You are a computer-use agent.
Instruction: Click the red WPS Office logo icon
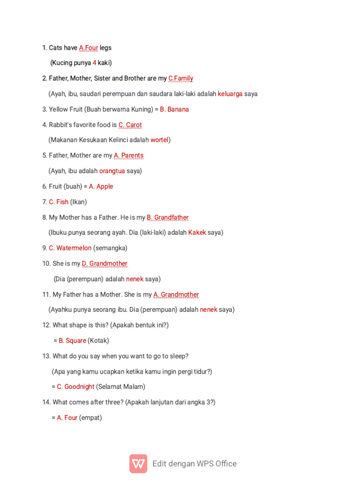pos(138,464)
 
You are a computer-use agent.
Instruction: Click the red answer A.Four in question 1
pos(89,48)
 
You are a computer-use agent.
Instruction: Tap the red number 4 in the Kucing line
pos(94,63)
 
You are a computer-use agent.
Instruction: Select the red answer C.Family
pos(180,78)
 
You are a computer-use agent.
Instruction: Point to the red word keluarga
pos(230,94)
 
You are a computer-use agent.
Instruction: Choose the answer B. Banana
pos(174,109)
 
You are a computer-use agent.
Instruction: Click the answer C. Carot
pos(130,125)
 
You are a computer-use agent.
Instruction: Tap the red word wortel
pos(159,140)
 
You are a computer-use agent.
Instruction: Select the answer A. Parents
pos(128,156)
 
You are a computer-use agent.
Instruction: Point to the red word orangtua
pos(112,171)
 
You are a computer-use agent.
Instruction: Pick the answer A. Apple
pos(101,187)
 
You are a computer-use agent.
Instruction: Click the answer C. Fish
pos(59,202)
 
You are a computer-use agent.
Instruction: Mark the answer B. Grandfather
pos(167,217)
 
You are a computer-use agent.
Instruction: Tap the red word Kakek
pos(197,232)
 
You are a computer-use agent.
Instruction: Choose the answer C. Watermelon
pos(70,248)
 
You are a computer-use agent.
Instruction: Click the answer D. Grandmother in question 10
pos(105,264)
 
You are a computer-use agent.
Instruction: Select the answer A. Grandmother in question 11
pos(176,295)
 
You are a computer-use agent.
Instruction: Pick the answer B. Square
pos(72,341)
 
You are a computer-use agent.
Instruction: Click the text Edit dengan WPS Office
pos(195,464)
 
